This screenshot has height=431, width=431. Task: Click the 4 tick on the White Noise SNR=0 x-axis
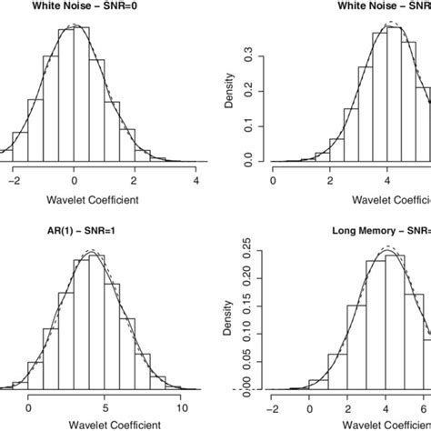pos(196,179)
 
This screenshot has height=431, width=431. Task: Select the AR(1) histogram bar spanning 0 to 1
pos(36,374)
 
